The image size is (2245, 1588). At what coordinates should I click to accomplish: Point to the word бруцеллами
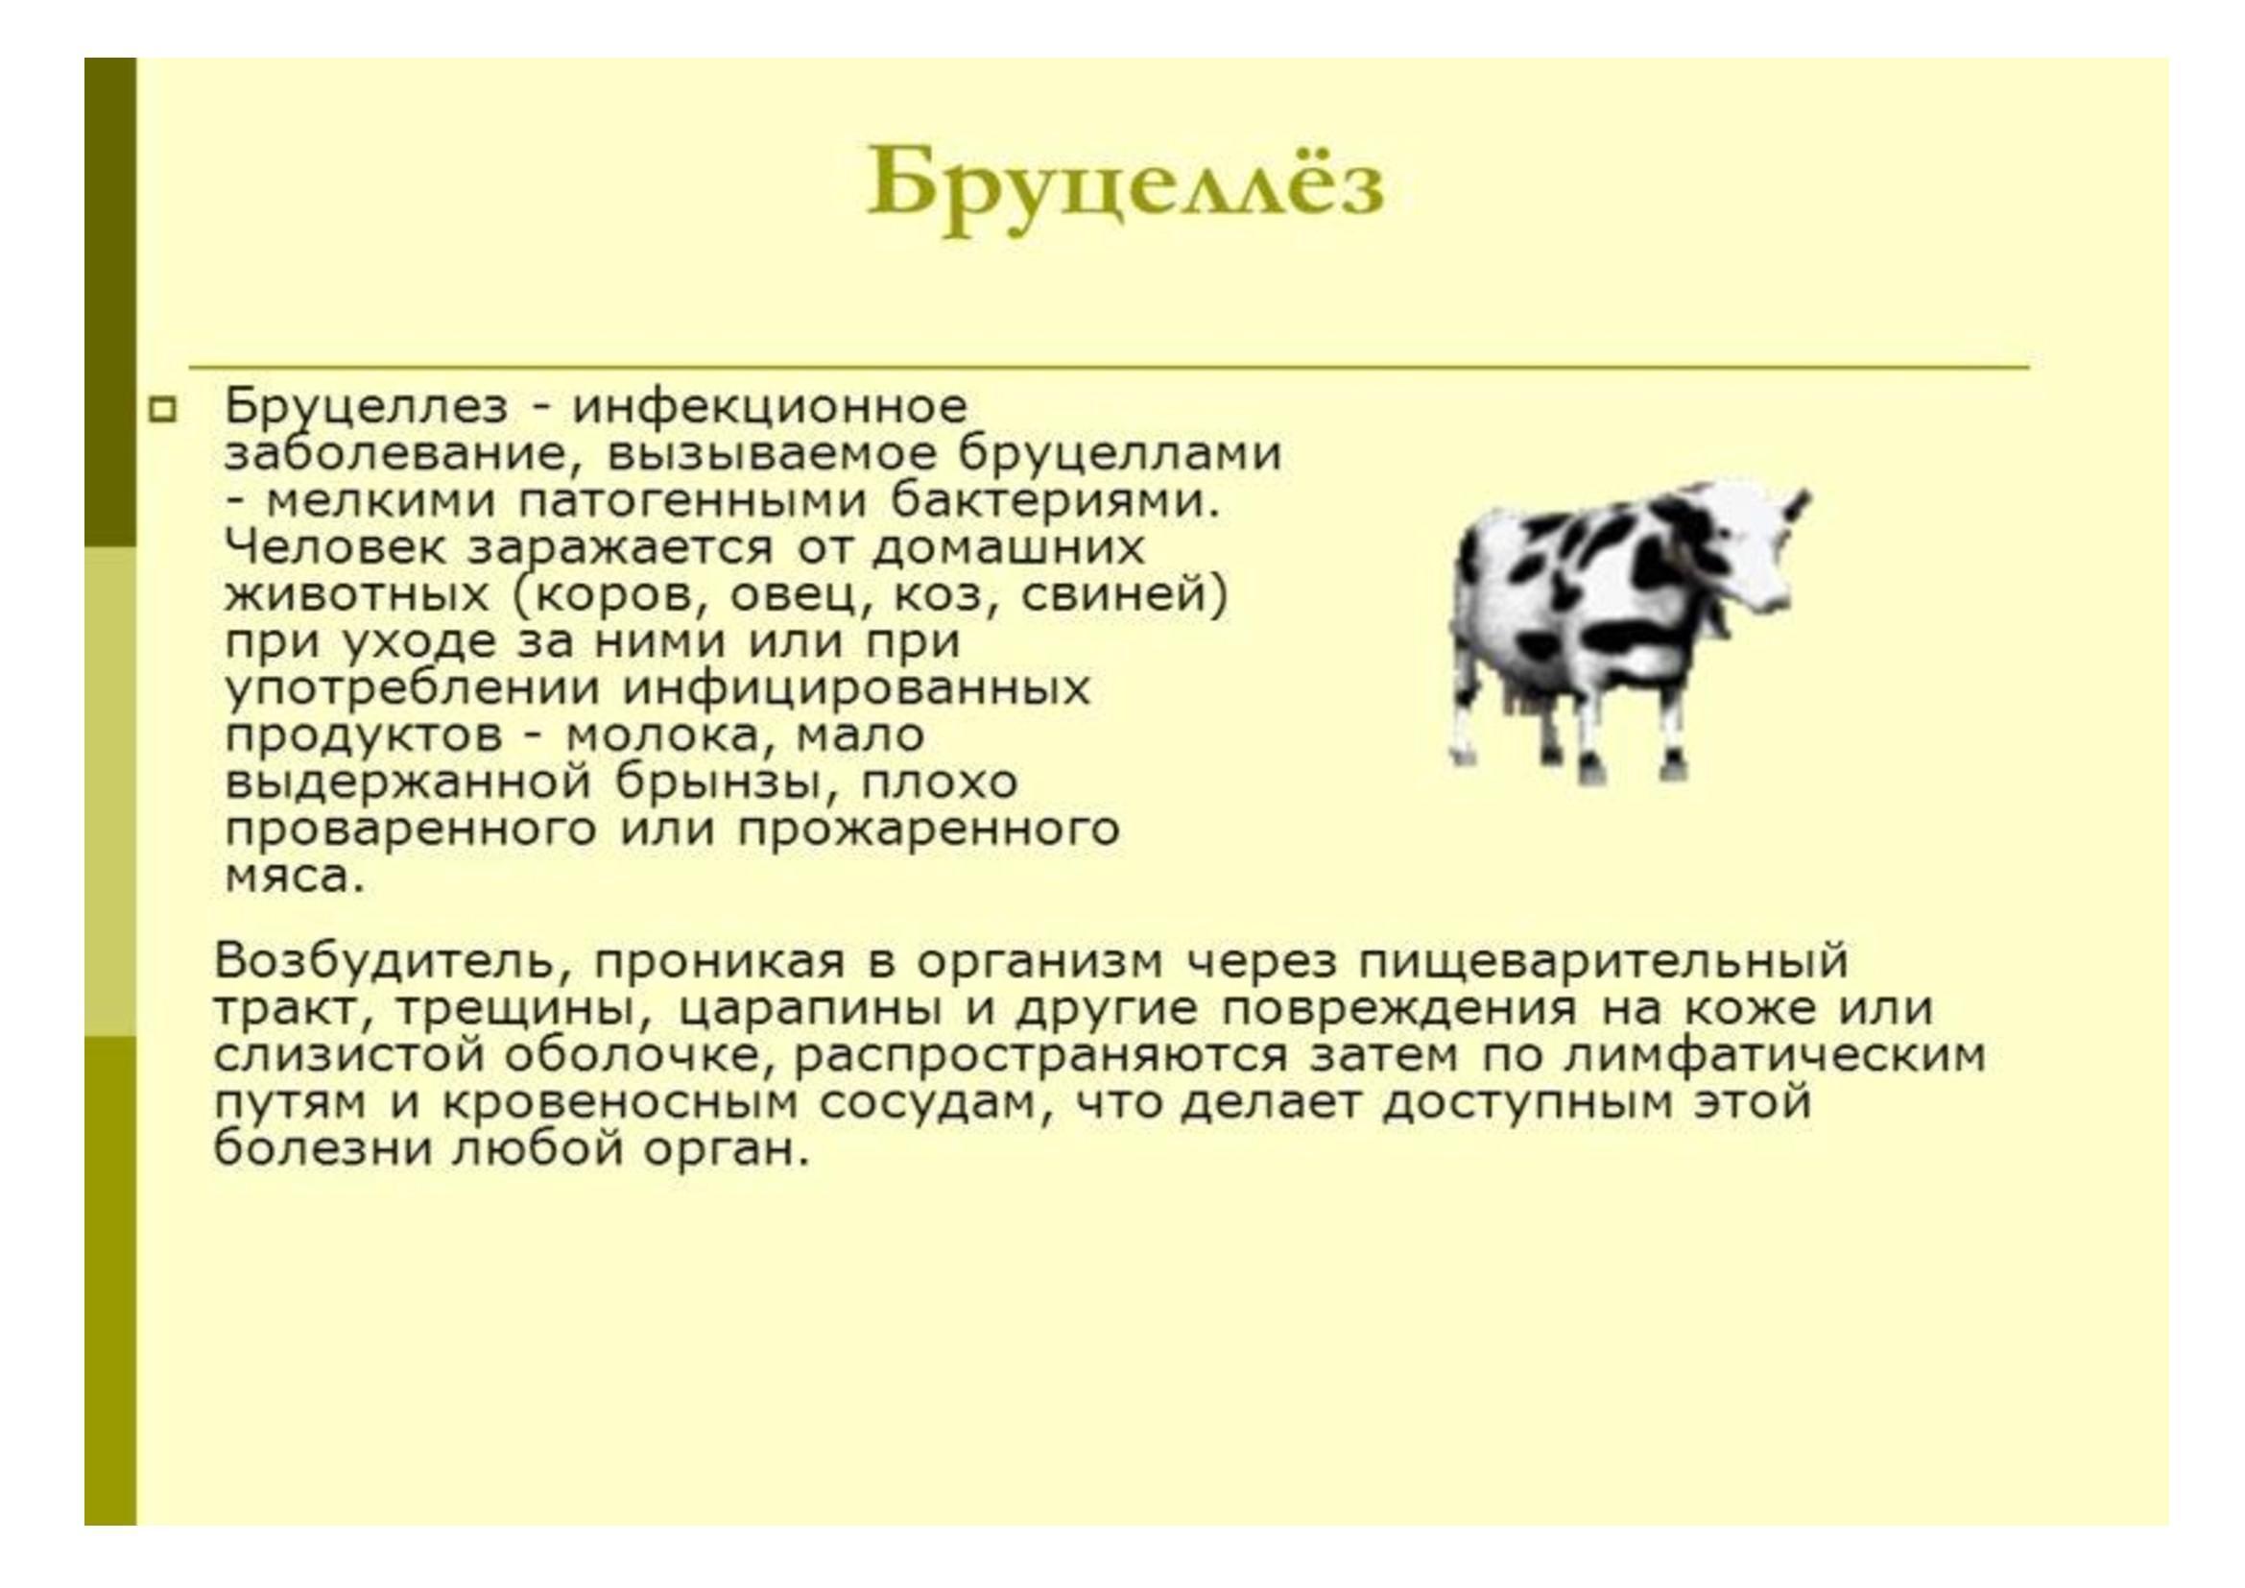tap(1119, 456)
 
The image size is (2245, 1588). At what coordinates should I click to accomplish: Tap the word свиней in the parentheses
tap(1125, 595)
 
